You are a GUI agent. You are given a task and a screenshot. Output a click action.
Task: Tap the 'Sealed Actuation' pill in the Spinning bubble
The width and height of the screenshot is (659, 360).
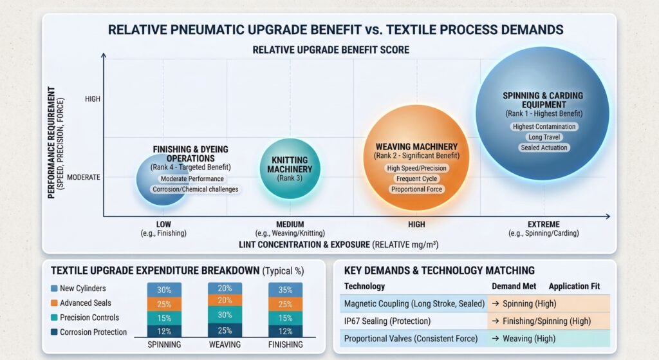[x=544, y=148]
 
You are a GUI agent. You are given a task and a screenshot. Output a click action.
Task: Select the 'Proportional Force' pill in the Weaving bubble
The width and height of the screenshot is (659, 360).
[x=416, y=189]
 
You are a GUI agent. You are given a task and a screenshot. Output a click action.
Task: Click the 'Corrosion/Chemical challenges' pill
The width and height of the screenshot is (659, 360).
[x=195, y=189]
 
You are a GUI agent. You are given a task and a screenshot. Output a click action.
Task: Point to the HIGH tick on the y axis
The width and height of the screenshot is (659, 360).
[x=93, y=99]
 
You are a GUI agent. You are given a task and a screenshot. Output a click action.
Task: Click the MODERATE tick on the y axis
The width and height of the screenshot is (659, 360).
[x=84, y=176]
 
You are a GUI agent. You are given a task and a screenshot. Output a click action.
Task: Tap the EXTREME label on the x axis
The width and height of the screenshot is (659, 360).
[x=543, y=224]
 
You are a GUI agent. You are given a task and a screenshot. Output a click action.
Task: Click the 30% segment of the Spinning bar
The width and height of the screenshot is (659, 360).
[x=164, y=290]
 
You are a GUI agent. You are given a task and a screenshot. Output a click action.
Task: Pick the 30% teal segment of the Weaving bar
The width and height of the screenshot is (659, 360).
[x=225, y=314]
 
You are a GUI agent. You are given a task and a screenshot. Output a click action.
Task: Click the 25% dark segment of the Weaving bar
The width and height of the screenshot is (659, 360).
[x=225, y=331]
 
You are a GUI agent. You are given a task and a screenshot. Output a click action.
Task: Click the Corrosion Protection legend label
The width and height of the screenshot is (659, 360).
[x=93, y=332]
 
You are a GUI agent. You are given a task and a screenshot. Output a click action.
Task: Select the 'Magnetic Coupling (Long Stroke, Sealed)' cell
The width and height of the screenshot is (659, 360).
[x=414, y=303]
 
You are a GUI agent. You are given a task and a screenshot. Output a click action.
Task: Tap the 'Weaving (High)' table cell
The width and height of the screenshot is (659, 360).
[x=524, y=338]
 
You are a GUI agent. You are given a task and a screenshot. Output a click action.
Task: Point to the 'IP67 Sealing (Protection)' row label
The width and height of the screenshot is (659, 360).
[x=387, y=321]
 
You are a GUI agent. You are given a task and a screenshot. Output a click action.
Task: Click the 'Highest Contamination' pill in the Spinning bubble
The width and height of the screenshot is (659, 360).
[x=544, y=126]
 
